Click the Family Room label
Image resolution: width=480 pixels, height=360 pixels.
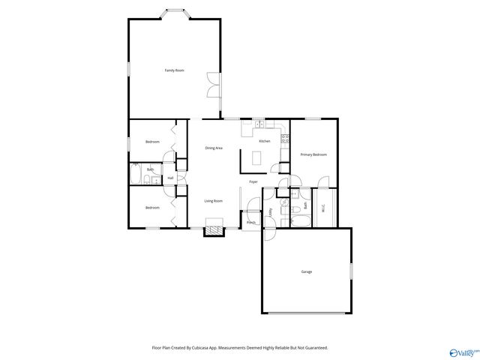tap(175, 70)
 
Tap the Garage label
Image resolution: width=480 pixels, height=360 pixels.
tap(306, 271)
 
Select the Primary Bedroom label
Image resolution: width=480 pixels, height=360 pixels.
tap(313, 154)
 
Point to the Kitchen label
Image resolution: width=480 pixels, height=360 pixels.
tap(264, 141)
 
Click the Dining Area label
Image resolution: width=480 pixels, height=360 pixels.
tap(214, 148)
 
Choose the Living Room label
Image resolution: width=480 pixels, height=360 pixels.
tap(214, 201)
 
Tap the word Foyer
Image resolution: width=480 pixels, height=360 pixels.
tap(253, 182)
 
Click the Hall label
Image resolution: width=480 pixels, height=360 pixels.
tap(170, 178)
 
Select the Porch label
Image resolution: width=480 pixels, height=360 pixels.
tap(251, 223)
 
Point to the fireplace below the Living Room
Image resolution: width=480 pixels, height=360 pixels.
tap(214, 230)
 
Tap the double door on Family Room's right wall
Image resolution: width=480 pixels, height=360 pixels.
tap(214, 83)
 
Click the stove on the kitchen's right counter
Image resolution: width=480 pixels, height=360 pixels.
tap(285, 139)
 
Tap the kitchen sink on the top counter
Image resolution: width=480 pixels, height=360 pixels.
tap(259, 124)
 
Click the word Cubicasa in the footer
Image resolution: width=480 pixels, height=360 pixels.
tap(197, 348)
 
